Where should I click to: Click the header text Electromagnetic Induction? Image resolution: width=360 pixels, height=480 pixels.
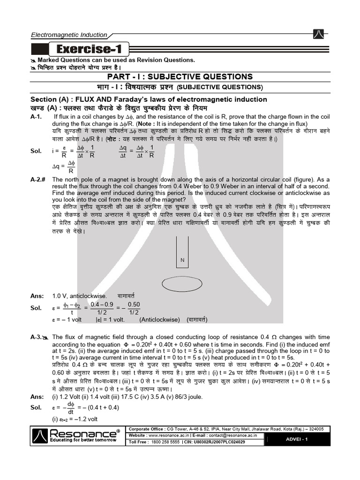click(69, 35)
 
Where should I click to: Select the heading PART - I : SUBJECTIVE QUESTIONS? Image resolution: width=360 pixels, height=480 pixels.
click(180, 77)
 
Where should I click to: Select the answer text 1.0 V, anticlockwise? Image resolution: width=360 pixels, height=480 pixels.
click(79, 296)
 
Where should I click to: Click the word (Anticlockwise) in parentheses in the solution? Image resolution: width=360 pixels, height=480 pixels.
click(159, 319)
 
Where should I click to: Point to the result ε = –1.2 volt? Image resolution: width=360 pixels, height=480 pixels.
click(75, 419)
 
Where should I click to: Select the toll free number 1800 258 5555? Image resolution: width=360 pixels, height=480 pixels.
click(167, 442)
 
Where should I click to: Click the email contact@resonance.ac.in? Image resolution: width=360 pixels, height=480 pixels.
click(234, 435)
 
